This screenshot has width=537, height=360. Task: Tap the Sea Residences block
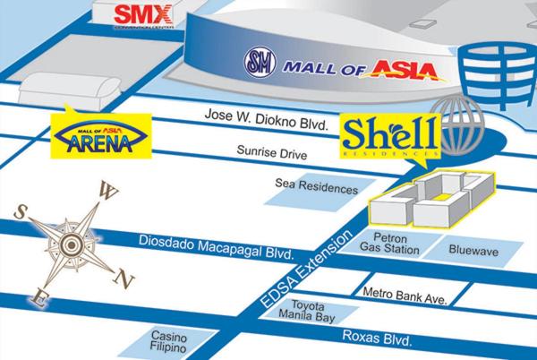coord(317,189)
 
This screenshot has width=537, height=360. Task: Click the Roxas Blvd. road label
coord(378,337)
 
